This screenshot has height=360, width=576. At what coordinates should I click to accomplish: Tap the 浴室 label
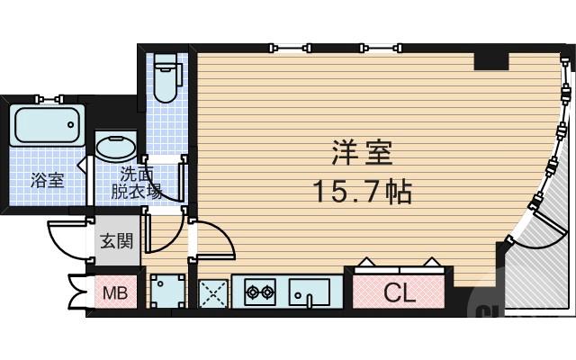point(47,180)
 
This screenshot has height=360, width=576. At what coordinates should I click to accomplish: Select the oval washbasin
point(117,148)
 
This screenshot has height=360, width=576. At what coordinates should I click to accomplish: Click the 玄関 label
point(116,241)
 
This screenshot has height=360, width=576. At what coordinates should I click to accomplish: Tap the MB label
point(114,292)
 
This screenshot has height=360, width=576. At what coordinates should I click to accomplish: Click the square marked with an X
point(212,292)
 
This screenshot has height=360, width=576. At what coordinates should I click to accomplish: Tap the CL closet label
point(397,292)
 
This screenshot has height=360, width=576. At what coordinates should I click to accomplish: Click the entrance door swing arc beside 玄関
point(67,238)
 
